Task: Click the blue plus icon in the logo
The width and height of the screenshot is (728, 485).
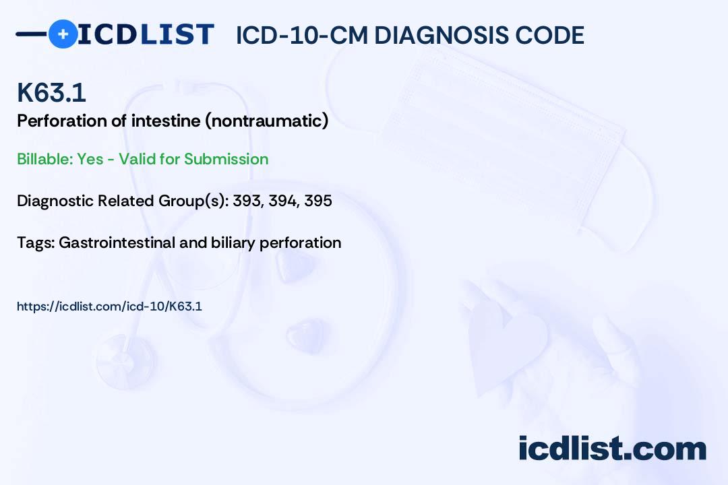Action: pos(63,34)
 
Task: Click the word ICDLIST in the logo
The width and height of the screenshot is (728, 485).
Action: pos(146,34)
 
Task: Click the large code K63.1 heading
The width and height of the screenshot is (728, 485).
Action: pos(51,92)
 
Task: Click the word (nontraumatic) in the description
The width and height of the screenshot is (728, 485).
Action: pos(267,121)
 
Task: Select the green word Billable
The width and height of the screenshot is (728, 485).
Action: pos(44,159)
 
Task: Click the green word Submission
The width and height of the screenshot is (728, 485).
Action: pos(226,159)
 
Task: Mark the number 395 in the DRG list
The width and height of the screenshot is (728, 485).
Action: pos(318,201)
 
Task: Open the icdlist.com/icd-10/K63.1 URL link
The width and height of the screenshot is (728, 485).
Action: pos(109,306)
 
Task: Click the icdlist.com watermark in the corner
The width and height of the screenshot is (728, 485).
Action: pos(612,449)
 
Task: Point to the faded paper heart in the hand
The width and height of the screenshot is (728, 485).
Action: pos(506,344)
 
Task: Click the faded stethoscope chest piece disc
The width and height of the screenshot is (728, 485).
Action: pos(125,361)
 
